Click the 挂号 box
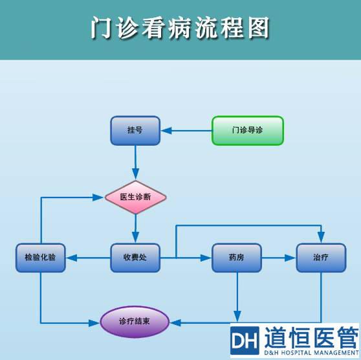click(135, 130)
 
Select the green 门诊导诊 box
click(248, 130)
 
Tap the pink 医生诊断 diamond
click(136, 197)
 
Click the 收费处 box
click(135, 258)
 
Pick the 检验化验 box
click(41, 258)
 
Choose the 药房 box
click(236, 258)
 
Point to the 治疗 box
click(320, 258)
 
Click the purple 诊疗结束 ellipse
click(135, 321)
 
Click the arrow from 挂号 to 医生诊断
click(135, 162)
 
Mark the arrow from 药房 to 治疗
click(278, 258)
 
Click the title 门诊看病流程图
click(180, 29)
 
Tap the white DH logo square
click(245, 340)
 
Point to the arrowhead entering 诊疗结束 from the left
click(96, 321)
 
